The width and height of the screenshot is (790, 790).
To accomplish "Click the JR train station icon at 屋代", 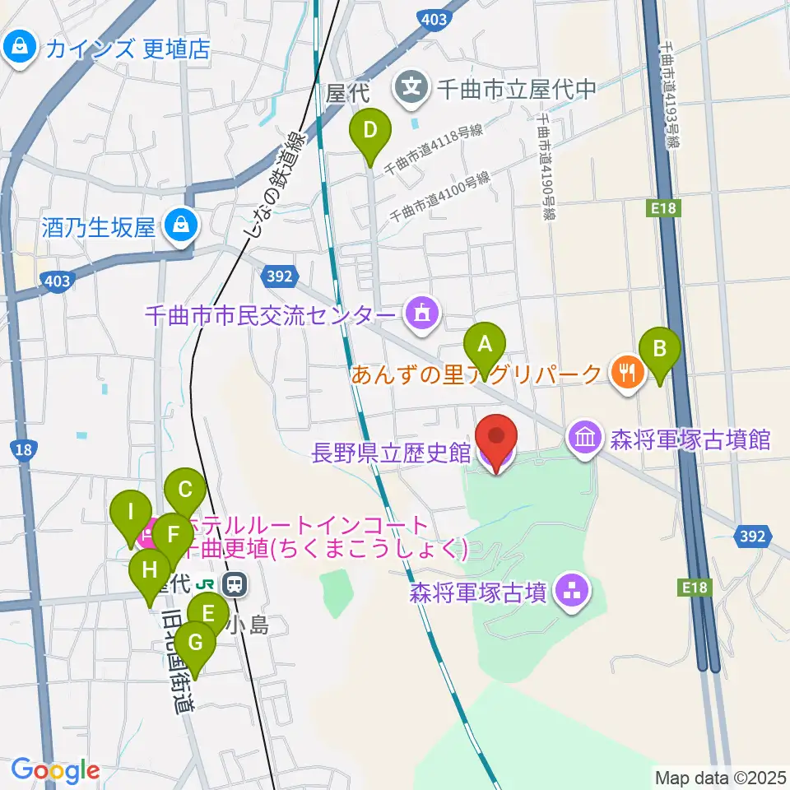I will tap(235, 584).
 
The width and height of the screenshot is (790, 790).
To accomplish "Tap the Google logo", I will tap(55, 771).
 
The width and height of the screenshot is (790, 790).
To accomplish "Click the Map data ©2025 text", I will tap(718, 777).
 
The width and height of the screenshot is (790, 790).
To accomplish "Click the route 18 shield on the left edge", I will tap(24, 448).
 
